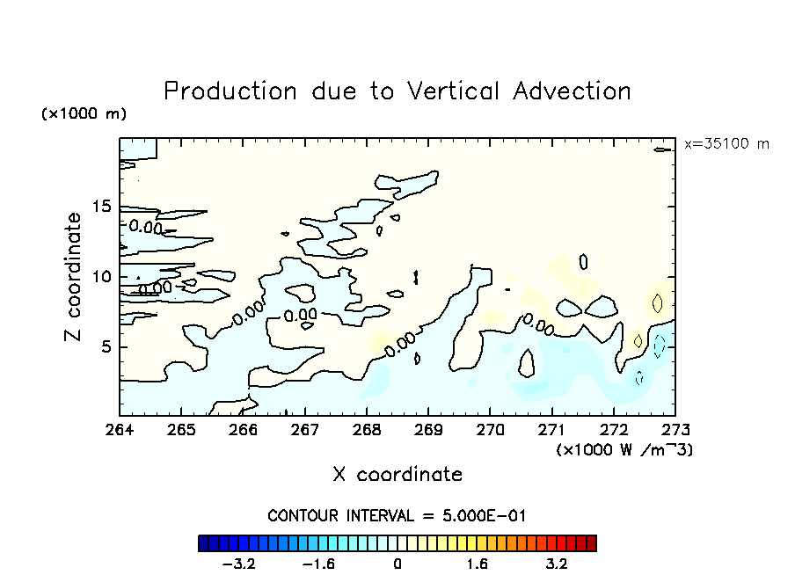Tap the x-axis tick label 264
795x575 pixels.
120,431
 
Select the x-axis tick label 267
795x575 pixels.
304,431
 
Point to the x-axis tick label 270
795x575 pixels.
490,431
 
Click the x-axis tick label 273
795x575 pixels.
675,431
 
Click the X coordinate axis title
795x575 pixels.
397,475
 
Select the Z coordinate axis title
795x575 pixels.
75,277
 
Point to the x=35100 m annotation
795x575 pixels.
726,144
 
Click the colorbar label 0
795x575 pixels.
397,564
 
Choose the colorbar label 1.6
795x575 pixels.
477,564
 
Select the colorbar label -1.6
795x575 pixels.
317,564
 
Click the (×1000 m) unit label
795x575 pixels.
84,114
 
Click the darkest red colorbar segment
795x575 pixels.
591,543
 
